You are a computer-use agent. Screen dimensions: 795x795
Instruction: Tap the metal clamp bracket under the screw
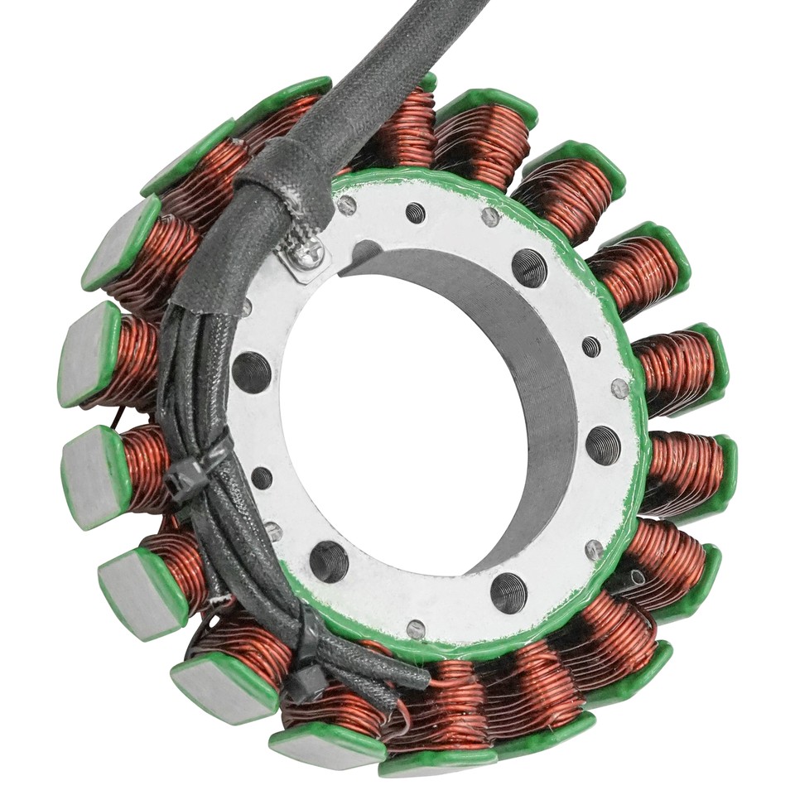pyautogui.click(x=300, y=263)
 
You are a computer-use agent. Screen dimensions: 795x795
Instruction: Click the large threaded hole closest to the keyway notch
pyautogui.click(x=528, y=267)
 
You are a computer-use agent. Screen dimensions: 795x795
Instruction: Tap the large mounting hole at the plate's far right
pyautogui.click(x=603, y=446)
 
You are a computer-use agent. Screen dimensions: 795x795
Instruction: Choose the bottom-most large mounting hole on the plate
pyautogui.click(x=508, y=592)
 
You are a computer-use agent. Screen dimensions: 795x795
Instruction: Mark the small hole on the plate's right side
pyautogui.click(x=591, y=346)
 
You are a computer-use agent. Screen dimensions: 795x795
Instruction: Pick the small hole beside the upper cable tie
pyautogui.click(x=262, y=478)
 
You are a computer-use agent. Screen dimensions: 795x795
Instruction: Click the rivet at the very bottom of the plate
pyautogui.click(x=417, y=629)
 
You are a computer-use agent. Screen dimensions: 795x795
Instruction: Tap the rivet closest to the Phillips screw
pyautogui.click(x=346, y=205)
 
